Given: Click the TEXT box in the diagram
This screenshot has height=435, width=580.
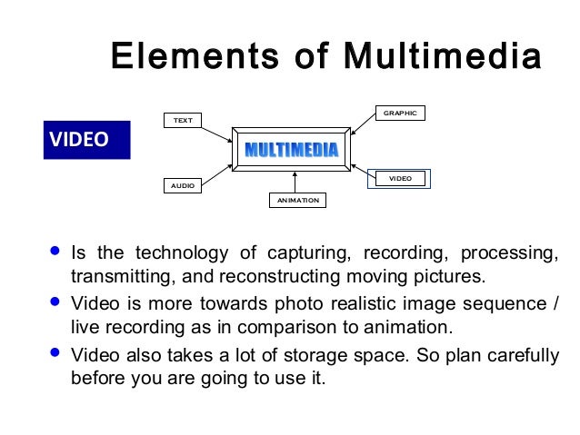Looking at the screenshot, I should (183, 120).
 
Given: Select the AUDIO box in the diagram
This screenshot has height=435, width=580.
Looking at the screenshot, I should (183, 184).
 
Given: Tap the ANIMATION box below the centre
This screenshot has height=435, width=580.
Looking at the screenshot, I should (297, 200).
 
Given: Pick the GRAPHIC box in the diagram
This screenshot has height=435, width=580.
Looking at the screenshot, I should (400, 114).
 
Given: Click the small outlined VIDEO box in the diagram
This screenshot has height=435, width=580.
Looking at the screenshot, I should (400, 179).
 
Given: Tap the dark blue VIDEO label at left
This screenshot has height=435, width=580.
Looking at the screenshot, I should (86, 140).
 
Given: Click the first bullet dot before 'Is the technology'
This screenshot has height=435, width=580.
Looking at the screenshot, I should (56, 249).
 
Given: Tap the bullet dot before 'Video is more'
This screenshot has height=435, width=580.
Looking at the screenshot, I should (56, 300).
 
